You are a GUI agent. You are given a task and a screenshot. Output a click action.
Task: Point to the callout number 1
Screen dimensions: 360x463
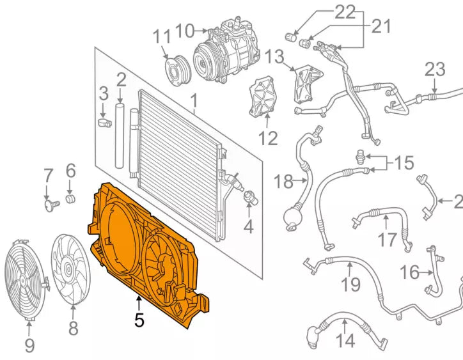tap(193, 100)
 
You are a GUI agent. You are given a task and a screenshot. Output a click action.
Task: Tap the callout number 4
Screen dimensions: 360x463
tap(248, 226)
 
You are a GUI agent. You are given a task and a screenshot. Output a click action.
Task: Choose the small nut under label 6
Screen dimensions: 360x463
tap(70, 198)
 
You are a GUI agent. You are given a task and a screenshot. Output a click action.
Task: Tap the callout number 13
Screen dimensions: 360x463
tap(274, 57)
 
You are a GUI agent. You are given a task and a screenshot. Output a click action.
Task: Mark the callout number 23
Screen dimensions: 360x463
tap(434, 69)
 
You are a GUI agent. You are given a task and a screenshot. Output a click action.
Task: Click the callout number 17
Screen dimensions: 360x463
tap(386, 240)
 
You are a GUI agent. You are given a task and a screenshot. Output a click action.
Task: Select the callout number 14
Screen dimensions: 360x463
tap(345, 341)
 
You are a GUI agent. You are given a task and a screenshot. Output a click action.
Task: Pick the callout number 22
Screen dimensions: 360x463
tap(345, 12)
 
